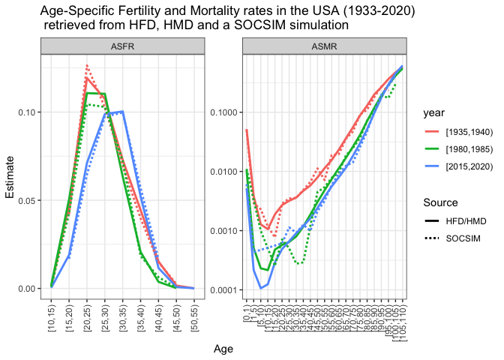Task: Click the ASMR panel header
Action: [x=325, y=46]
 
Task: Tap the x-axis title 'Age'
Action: [x=223, y=349]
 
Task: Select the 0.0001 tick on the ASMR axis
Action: [x=223, y=289]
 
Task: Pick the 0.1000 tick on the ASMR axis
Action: [x=223, y=112]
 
